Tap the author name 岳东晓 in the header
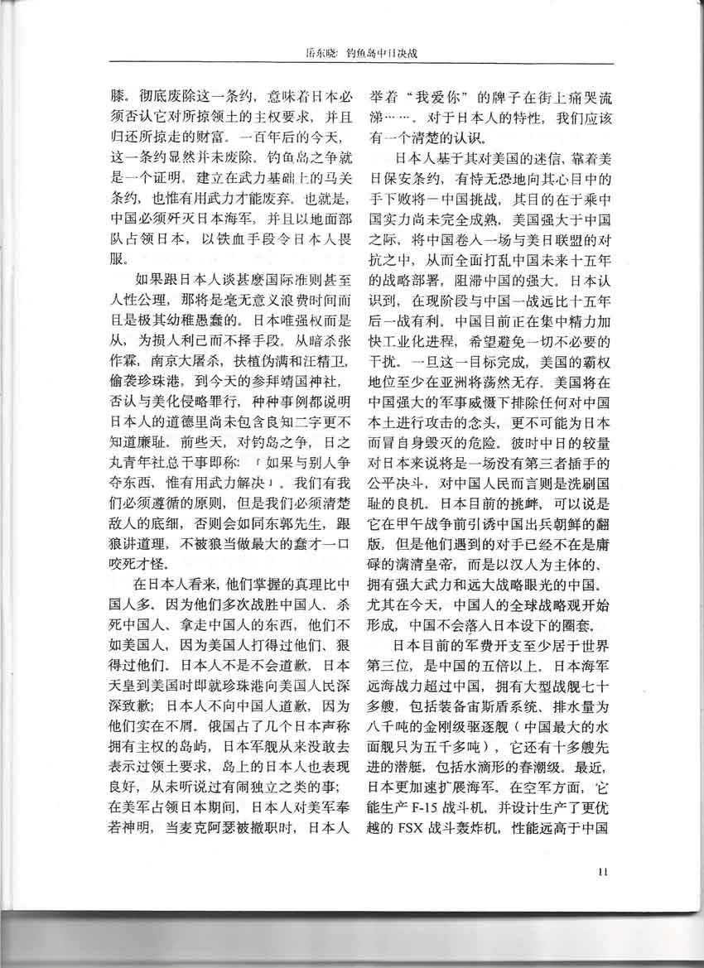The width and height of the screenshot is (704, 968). (x=324, y=55)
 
